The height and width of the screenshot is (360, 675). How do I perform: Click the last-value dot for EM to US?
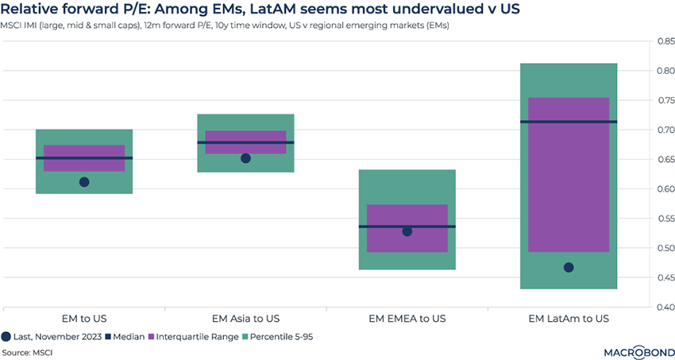[x=84, y=182]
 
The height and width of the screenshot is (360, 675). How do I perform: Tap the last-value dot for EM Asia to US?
[x=245, y=158]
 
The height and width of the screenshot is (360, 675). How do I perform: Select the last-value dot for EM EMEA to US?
[x=407, y=231]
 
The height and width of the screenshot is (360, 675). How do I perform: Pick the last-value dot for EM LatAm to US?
[x=569, y=267]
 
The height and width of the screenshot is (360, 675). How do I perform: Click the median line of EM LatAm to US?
[x=569, y=122]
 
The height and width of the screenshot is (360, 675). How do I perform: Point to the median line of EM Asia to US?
[x=245, y=142]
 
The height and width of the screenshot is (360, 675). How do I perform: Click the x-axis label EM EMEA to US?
[x=407, y=318]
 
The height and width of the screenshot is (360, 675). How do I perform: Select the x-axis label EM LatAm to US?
[x=569, y=318]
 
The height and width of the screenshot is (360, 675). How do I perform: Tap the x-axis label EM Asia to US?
[x=245, y=318]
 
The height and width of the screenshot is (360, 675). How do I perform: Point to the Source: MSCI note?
[x=28, y=351]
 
